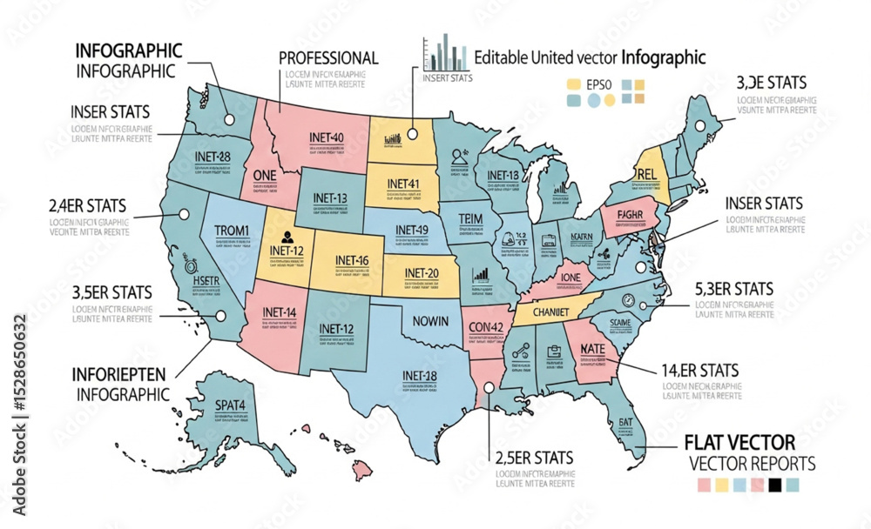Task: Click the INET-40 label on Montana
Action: click(327, 137)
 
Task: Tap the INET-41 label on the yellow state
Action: click(402, 184)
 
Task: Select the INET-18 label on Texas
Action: click(420, 375)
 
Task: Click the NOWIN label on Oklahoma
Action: click(429, 321)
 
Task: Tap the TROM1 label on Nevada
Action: click(231, 231)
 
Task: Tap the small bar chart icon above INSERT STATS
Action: click(446, 53)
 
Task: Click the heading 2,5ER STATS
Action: click(533, 457)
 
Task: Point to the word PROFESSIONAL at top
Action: click(328, 58)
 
